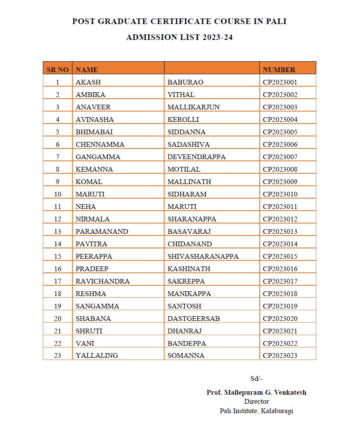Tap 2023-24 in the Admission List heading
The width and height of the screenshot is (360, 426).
click(216, 37)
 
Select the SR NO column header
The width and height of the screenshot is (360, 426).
click(57, 69)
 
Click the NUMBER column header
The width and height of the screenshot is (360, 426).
click(279, 69)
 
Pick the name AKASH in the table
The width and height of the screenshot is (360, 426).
click(88, 82)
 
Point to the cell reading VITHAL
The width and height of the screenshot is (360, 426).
click(181, 94)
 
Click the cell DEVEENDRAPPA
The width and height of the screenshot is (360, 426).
click(196, 157)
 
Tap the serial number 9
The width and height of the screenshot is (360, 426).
click(58, 181)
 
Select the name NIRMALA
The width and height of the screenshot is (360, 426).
click(92, 219)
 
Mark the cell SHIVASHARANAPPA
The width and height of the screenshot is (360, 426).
click(203, 256)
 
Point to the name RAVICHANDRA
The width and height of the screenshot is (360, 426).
click(102, 281)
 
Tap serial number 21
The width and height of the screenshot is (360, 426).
click(58, 331)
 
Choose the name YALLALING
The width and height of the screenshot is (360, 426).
click(96, 356)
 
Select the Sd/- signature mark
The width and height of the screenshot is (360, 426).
click(256, 378)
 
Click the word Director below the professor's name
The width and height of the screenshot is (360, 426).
click(256, 402)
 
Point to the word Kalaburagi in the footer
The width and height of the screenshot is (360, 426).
click(277, 411)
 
